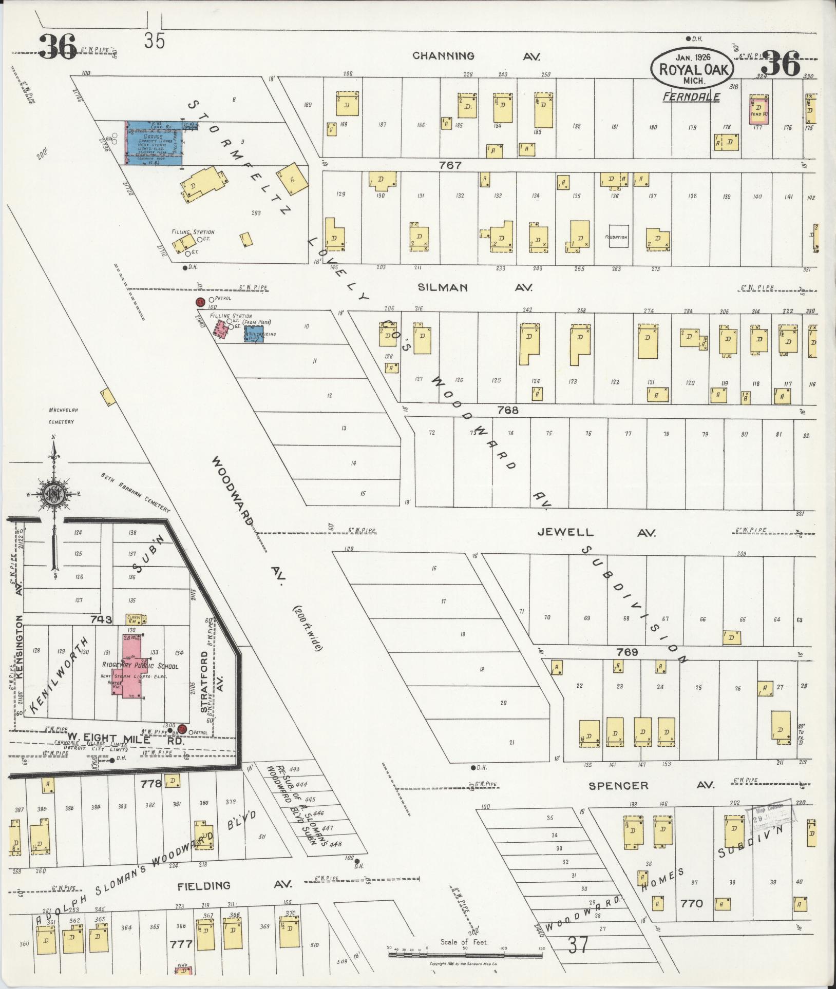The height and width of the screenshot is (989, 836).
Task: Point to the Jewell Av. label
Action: point(596,533)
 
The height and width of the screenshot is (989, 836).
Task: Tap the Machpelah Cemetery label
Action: point(62,416)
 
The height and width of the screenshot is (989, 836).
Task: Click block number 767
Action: point(450,165)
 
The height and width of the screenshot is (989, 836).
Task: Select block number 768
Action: point(508,410)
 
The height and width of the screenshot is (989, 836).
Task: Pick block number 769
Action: point(627,652)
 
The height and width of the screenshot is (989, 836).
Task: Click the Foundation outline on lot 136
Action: point(618,237)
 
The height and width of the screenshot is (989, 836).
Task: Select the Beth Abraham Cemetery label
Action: point(136,492)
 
